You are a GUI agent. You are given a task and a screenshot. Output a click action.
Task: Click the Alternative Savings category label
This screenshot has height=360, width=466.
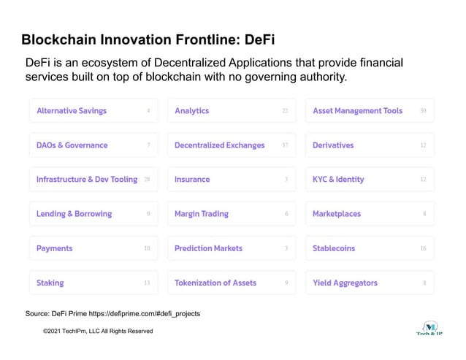72,111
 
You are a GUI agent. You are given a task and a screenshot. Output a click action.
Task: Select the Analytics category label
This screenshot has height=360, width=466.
191,111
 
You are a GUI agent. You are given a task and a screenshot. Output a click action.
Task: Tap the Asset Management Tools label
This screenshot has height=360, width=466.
357,111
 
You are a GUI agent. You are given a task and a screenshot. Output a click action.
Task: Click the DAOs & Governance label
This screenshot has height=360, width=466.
72,145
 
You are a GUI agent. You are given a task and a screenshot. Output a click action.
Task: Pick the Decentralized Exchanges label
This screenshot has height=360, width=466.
219,145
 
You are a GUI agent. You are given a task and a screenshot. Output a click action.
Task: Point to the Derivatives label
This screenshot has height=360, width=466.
332,145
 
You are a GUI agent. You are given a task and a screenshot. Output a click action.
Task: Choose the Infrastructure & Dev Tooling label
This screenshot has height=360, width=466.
87,180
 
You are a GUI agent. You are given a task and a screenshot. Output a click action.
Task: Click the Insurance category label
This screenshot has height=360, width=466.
192,180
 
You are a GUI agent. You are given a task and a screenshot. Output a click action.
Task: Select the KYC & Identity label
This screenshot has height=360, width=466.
338,180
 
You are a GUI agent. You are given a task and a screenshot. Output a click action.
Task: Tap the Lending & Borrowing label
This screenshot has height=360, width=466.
74,214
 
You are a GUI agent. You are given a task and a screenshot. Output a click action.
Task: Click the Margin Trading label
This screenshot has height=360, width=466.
201,214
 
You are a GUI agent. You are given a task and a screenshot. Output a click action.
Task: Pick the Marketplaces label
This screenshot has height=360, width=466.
337,214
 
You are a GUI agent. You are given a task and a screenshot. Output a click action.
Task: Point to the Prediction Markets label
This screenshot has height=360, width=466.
208,248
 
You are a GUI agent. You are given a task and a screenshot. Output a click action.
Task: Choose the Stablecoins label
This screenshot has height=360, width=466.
334,248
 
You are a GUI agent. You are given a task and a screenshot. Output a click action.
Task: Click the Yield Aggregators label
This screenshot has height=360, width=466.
345,283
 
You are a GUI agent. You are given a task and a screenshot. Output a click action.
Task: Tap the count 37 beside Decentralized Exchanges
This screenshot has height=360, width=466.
285,145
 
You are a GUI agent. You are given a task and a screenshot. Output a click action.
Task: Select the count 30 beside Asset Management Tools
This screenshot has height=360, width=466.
424,111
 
